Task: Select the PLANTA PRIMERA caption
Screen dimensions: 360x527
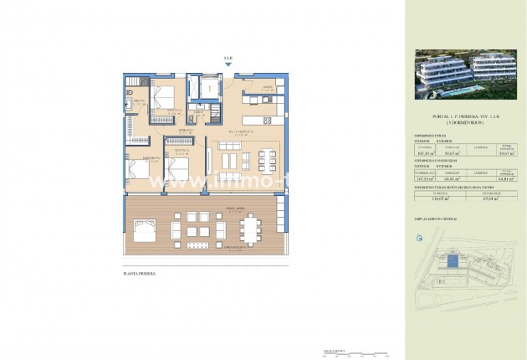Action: coord(138,273)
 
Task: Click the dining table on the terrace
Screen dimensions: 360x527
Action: coord(252,229)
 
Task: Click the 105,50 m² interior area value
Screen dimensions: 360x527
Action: coord(427,153)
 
